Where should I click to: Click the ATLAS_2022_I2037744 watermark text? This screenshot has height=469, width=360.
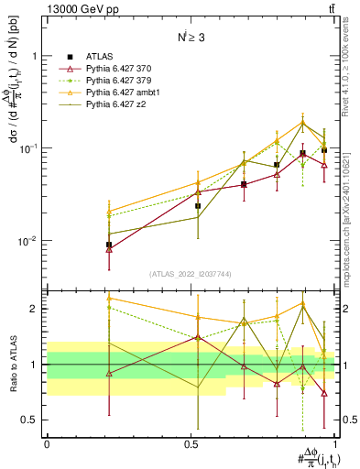(191, 274)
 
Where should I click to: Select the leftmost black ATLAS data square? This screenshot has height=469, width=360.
(109, 245)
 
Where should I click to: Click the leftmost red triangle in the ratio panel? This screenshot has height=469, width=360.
(109, 374)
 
